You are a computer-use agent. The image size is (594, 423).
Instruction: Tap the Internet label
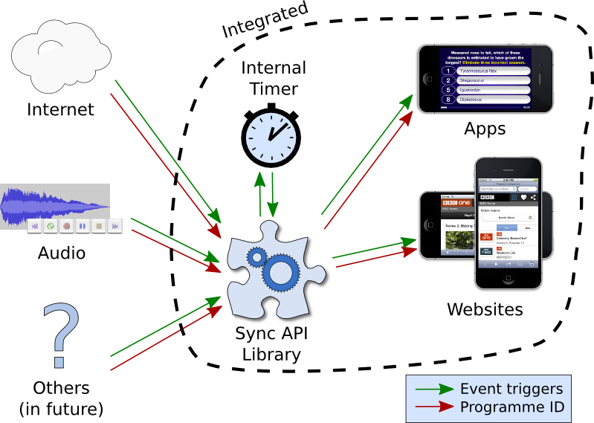coord(60,110)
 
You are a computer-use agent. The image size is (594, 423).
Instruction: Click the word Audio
coord(61,254)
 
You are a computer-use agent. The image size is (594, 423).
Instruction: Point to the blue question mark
coord(61,336)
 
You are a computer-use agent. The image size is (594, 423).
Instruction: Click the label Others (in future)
coord(61,398)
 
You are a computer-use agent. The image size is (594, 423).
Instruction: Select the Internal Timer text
coord(274,78)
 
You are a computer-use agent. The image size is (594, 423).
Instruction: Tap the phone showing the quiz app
coord(485,79)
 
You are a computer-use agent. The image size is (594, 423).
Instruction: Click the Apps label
coord(485,129)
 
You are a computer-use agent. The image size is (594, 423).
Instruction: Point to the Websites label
coord(485,309)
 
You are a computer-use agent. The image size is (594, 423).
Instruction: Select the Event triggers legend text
coord(511,388)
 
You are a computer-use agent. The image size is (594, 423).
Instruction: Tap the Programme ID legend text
coord(511,407)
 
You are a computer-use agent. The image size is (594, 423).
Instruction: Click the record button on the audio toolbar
coord(66,225)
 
